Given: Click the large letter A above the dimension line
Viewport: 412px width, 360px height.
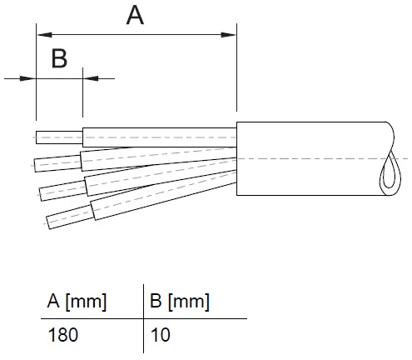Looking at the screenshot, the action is [x=135, y=16].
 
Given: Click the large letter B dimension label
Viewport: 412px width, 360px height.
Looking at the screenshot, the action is [x=59, y=58].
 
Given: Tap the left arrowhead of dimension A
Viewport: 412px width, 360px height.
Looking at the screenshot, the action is [x=44, y=35].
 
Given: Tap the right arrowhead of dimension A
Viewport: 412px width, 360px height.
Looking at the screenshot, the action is [x=228, y=35].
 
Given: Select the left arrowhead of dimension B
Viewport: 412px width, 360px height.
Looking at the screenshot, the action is [x=27, y=78].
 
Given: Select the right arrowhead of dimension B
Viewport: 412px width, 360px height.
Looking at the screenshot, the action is [x=91, y=78].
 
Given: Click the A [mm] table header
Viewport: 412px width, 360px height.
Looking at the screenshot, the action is [x=77, y=302].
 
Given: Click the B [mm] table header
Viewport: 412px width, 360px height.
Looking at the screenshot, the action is [x=180, y=302].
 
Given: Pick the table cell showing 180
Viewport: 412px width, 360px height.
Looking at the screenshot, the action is [x=63, y=335].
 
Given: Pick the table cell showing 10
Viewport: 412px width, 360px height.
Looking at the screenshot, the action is [x=160, y=335].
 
